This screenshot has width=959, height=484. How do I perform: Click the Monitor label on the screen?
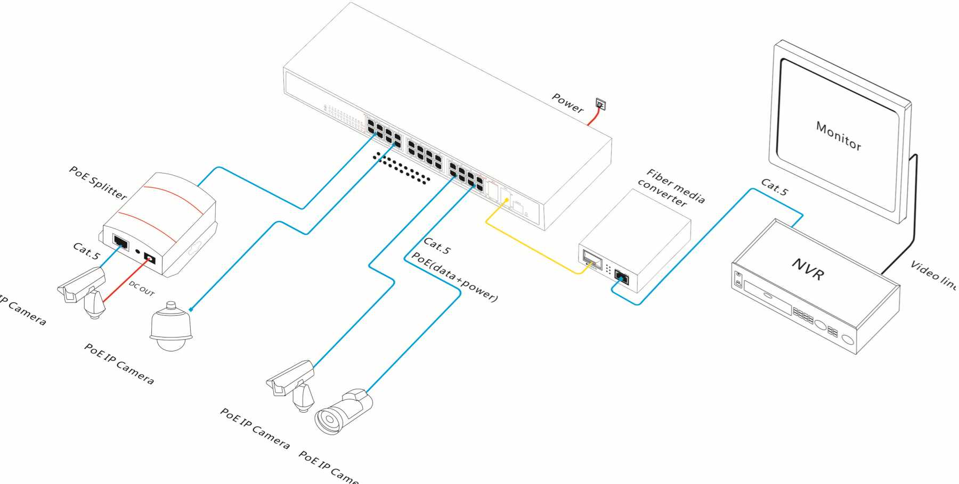[838, 136]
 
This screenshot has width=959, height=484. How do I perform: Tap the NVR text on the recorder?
[808, 269]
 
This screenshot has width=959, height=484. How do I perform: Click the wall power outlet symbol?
[600, 104]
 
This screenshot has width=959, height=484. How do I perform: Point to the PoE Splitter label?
[97, 183]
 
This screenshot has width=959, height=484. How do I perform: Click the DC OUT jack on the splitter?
[150, 259]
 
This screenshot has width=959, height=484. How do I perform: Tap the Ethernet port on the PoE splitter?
[121, 243]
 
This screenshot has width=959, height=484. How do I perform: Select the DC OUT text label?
[141, 289]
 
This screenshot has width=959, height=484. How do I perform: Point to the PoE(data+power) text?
[454, 277]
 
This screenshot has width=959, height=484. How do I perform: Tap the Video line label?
[933, 275]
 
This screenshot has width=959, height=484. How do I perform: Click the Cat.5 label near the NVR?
[774, 187]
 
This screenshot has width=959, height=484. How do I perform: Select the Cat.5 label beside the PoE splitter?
[86, 251]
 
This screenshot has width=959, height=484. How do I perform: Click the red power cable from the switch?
[593, 118]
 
